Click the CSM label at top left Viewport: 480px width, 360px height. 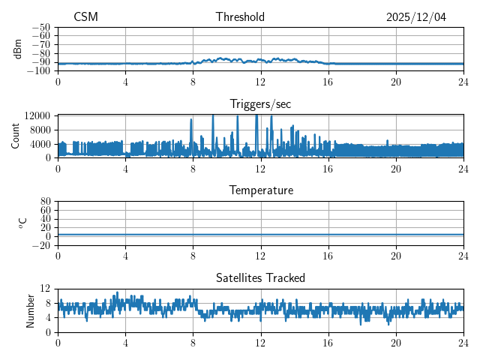[x=85, y=17]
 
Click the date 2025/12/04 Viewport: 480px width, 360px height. [x=416, y=17]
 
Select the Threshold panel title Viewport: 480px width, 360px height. [x=240, y=17]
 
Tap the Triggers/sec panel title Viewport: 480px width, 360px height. [x=260, y=104]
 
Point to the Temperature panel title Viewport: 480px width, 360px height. [x=260, y=191]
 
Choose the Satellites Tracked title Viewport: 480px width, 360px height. [x=260, y=278]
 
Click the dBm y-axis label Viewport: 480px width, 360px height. [x=18, y=48]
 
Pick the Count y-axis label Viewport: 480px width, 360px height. [x=16, y=136]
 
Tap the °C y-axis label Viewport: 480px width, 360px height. [x=22, y=223]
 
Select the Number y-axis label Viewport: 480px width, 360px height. [x=31, y=310]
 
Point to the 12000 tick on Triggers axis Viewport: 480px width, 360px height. [x=37, y=115]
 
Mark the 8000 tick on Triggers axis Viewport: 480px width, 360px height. [x=40, y=130]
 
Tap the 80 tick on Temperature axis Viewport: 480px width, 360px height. [x=46, y=202]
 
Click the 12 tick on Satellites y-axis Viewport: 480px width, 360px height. [x=46, y=289]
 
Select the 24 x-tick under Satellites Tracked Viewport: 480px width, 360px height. [x=463, y=342]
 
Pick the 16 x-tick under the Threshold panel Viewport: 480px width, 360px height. [x=328, y=81]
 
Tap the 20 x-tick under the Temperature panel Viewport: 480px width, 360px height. [x=396, y=255]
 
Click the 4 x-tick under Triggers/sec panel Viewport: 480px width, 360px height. [x=125, y=168]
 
